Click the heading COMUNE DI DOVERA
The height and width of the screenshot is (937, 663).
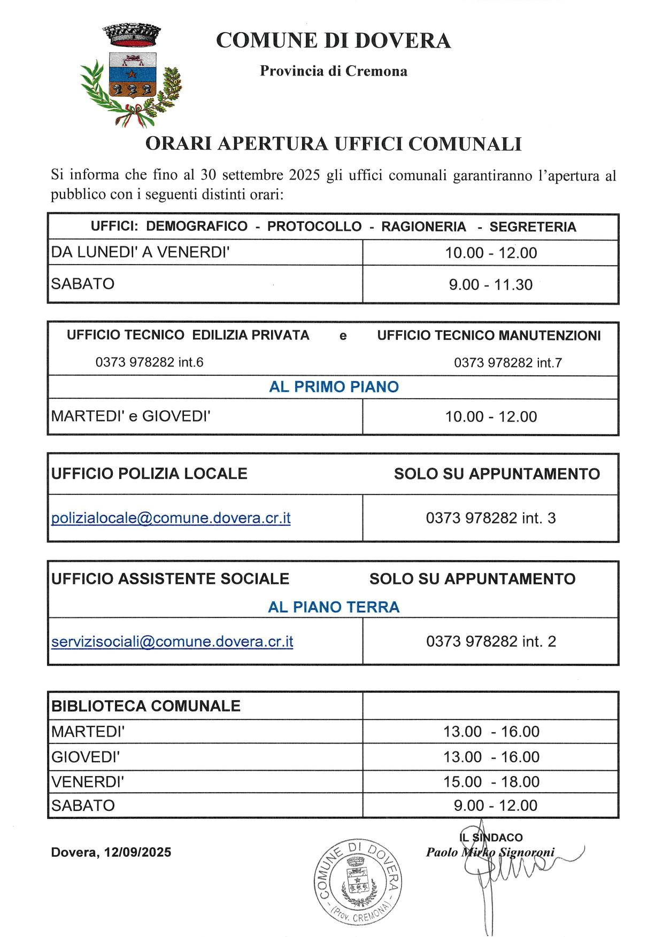(x=333, y=41)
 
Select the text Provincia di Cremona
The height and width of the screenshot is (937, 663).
(x=333, y=71)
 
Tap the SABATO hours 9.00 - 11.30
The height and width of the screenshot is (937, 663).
(x=490, y=284)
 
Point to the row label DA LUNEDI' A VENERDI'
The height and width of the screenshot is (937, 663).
(x=140, y=252)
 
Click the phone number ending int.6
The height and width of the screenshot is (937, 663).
(x=149, y=362)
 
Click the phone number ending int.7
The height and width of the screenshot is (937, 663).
(x=507, y=363)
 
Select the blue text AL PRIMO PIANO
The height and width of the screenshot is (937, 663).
(x=334, y=387)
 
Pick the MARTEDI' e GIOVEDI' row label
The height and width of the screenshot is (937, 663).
(x=130, y=416)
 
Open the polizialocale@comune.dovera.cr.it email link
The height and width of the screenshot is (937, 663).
(x=171, y=518)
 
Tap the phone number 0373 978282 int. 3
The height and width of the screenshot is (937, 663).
(x=490, y=518)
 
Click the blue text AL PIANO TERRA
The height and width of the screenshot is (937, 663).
(x=334, y=607)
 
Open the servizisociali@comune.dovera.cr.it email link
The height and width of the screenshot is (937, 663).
(x=172, y=641)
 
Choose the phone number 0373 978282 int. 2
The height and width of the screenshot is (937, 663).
(x=490, y=641)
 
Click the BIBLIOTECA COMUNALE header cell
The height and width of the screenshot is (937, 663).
(x=145, y=706)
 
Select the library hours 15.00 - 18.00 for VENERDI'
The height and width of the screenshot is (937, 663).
(x=491, y=781)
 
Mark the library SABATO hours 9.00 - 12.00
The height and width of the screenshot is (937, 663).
(x=495, y=806)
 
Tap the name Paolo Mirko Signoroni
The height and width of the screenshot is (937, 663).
(x=490, y=852)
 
